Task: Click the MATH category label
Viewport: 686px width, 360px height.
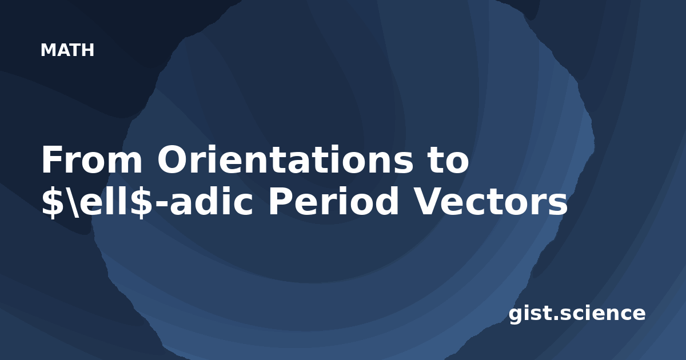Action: (67, 50)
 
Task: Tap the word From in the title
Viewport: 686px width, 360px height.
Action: (92, 160)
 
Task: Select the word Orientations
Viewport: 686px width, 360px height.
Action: (285, 159)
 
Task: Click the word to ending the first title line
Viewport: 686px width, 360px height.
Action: (449, 160)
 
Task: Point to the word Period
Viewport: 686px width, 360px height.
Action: (333, 201)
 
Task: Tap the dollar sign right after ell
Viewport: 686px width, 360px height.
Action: (142, 202)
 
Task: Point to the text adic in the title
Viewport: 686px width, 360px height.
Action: (212, 201)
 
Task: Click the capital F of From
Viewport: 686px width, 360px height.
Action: (51, 160)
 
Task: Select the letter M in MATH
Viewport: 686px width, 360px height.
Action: (47, 50)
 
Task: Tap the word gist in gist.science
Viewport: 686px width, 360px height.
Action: (530, 314)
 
